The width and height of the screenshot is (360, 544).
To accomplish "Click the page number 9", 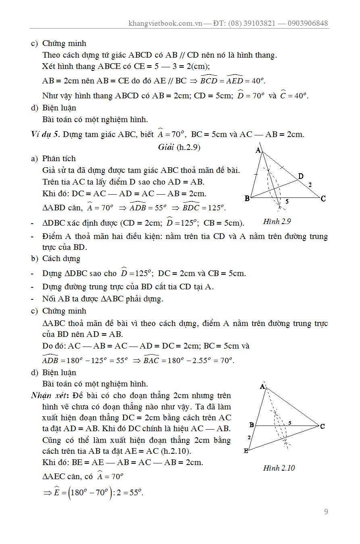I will tap(326, 512).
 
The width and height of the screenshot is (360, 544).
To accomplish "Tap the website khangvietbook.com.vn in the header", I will tap(165, 23).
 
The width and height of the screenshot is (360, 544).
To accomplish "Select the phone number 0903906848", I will tap(308, 23).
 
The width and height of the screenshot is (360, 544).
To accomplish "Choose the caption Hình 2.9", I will tap(277, 221).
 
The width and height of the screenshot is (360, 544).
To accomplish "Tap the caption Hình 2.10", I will tap(279, 468).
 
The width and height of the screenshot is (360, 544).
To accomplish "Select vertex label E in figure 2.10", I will tap(246, 451).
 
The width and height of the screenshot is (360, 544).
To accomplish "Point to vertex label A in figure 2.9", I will tap(258, 150).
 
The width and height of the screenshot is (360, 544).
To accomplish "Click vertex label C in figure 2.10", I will tap(323, 426).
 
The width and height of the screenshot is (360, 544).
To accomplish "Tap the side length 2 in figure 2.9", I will tap(310, 185).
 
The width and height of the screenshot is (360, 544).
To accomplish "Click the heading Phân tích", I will tap(59, 159).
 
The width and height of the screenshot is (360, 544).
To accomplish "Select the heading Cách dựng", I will tap(61, 259).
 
